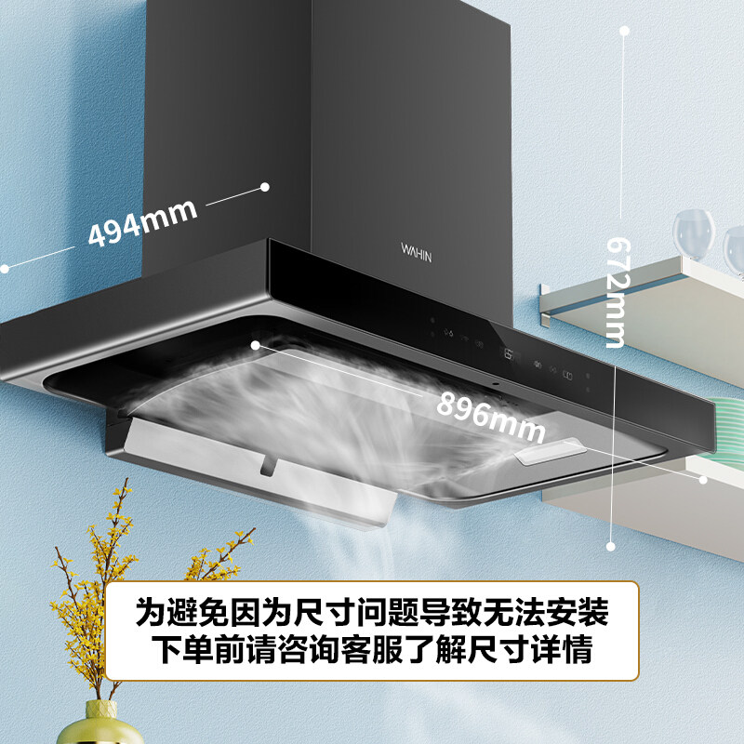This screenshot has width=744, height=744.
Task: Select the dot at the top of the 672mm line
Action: pyautogui.click(x=624, y=31)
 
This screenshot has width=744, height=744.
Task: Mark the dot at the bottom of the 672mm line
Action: pyautogui.click(x=611, y=547)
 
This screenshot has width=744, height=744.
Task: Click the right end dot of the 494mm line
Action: pyautogui.click(x=266, y=186)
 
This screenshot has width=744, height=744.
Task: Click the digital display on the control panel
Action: pyautogui.click(x=507, y=353)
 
